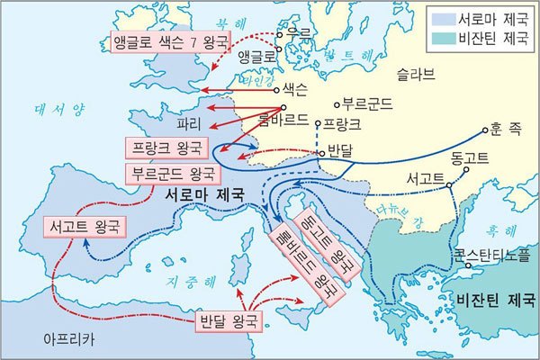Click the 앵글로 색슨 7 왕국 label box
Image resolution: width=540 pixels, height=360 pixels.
click(x=168, y=42)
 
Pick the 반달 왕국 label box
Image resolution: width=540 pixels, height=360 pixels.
click(x=229, y=319)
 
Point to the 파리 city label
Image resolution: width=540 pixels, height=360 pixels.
click(x=187, y=120)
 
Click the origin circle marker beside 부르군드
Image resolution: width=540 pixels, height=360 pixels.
click(x=335, y=103)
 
